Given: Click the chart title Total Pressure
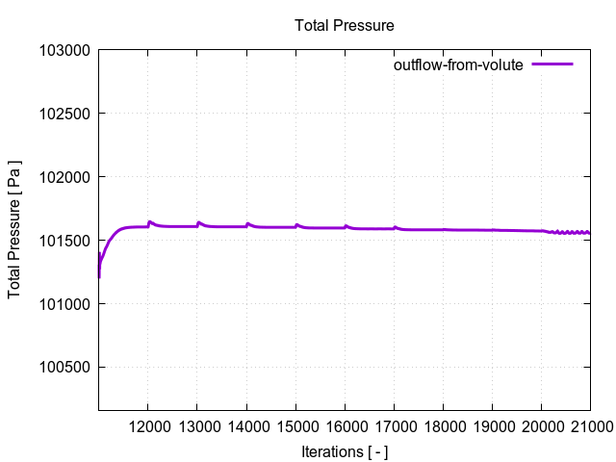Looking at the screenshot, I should coord(345,25).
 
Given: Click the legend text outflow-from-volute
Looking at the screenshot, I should coord(458,65).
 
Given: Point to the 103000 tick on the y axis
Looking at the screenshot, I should coord(64,50).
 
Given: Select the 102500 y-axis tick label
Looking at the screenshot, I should coord(64,114).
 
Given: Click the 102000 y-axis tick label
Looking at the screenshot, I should coord(64,177).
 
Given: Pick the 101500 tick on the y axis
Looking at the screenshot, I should coord(64,241).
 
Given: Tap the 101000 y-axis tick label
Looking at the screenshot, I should coord(64,304).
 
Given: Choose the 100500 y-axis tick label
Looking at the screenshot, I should coord(64,368).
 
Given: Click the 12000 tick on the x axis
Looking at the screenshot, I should coord(147,426).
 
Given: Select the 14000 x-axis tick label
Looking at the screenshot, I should coord(246,426).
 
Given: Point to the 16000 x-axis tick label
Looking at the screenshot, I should coord(345,426).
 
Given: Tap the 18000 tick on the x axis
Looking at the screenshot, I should coord(443,426).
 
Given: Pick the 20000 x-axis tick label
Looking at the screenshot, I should coord(541,426).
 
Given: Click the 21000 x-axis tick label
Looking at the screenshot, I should coord(589,426).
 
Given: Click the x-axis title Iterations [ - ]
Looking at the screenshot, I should coord(345,451).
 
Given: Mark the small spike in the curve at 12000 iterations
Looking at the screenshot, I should coord(149,221).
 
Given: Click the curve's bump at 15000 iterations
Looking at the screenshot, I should coord(296,225).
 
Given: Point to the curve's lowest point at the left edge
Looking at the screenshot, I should coord(99,277).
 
